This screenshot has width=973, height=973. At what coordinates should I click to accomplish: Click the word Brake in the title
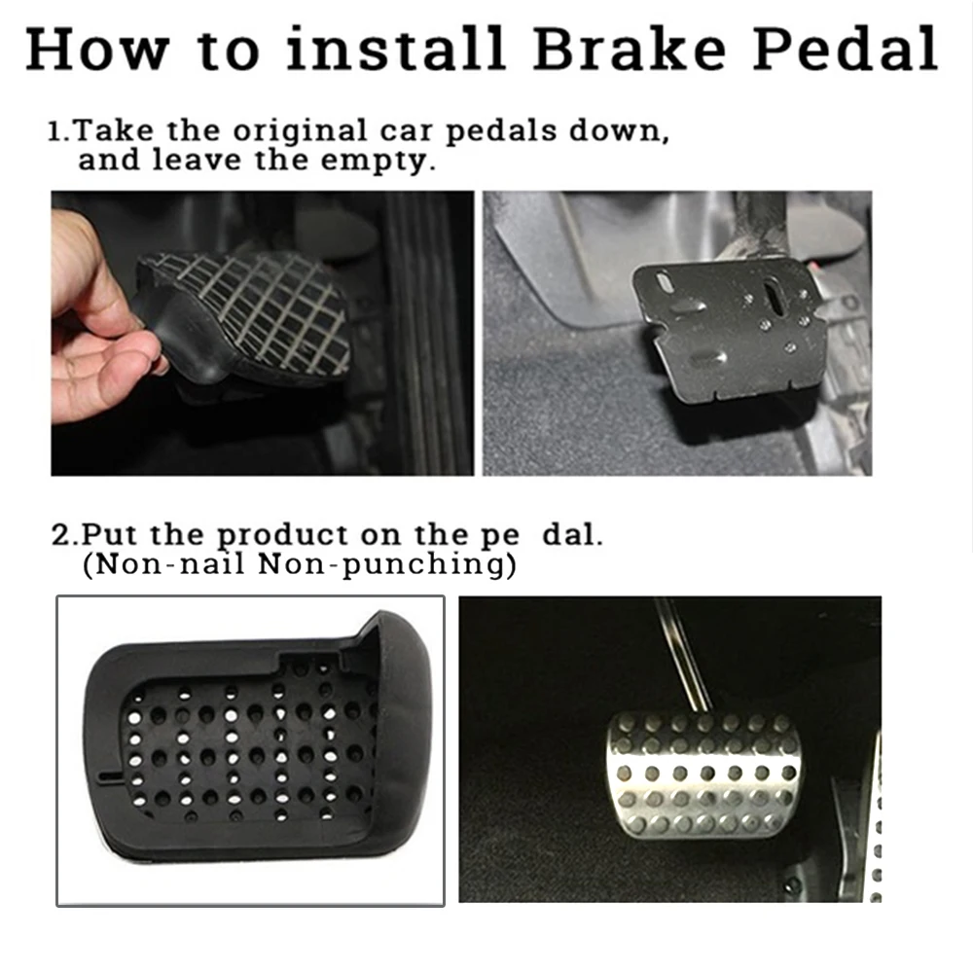(630, 49)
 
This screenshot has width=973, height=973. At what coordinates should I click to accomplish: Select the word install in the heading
(395, 49)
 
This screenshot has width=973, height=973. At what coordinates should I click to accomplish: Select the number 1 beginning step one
(55, 132)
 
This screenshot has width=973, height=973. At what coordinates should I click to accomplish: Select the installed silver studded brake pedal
(703, 774)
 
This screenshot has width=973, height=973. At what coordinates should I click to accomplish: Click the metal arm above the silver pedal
(684, 656)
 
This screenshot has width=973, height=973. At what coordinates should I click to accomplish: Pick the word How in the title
(98, 49)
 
